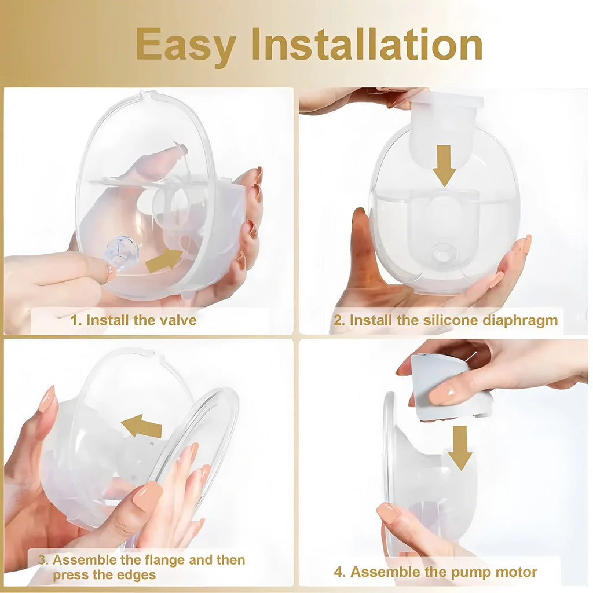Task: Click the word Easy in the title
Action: click(185, 45)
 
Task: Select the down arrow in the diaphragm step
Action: click(444, 165)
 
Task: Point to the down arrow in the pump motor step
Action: click(460, 447)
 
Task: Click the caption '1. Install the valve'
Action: click(134, 320)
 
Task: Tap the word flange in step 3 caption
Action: click(159, 560)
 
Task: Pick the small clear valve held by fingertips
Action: click(123, 252)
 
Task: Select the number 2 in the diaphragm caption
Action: click(338, 320)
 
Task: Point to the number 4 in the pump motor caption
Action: click(339, 573)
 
